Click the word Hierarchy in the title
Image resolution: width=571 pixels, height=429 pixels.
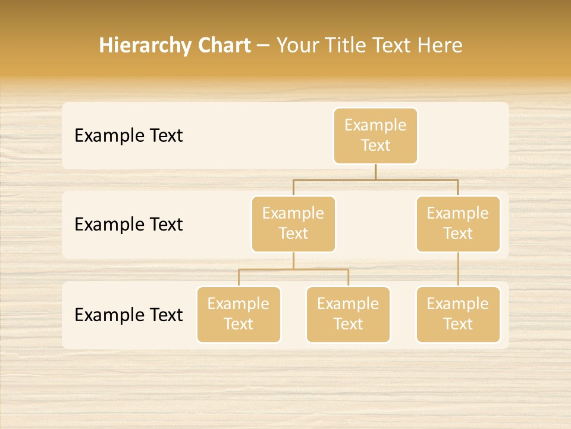[x=145, y=46]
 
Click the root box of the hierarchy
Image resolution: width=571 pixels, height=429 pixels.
[x=375, y=135]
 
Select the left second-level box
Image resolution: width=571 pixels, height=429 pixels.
[x=293, y=223]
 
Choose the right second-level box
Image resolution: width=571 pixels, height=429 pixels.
[x=458, y=223]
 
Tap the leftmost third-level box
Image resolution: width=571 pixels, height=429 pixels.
[x=239, y=314]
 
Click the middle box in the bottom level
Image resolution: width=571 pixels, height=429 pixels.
[x=348, y=314]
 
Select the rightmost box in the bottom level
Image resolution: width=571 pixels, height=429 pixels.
[x=458, y=314]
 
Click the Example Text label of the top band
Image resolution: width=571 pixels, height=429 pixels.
[x=128, y=136]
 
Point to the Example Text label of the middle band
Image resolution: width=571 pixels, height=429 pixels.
[x=128, y=225]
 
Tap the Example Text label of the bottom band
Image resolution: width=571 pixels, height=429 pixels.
[x=128, y=315]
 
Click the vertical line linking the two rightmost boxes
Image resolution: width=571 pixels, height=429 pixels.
[x=458, y=269]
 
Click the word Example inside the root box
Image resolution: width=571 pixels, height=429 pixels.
[x=375, y=125]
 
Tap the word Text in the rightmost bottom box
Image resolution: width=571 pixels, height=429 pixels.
[x=458, y=324]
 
